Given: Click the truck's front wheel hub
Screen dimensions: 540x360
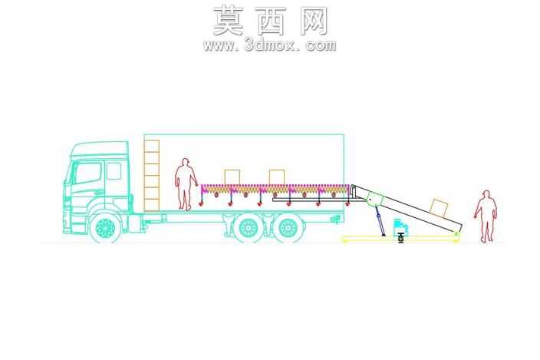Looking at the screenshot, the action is (105, 228).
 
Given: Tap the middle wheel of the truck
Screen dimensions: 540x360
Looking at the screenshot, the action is (248, 228).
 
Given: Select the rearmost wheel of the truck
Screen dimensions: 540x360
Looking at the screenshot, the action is (288, 228).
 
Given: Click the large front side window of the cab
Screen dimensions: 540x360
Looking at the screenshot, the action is (87, 173).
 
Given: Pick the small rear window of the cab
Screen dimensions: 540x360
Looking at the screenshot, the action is (114, 171).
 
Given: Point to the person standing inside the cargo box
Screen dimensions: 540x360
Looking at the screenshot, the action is (186, 184).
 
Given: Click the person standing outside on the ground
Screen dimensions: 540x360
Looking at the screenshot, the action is (486, 216).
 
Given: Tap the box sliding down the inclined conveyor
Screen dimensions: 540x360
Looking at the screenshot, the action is (439, 207).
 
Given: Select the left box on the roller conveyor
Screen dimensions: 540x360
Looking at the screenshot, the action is (232, 177).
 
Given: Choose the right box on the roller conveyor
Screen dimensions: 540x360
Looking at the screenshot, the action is (277, 177).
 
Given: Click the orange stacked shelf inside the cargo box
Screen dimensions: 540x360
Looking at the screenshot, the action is (152, 175).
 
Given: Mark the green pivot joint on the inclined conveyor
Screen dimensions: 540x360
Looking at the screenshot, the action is (374, 200).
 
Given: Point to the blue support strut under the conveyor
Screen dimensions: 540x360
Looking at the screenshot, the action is (380, 221).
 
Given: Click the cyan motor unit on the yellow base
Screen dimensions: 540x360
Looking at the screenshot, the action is (400, 226).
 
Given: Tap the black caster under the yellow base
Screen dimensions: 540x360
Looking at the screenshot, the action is (400, 238).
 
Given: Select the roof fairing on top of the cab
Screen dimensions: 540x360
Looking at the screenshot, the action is (99, 150).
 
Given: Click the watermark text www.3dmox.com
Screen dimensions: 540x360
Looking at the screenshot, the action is (270, 45).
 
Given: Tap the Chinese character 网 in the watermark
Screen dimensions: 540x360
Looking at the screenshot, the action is (314, 21).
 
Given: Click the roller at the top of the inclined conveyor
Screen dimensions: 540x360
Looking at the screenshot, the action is (352, 189).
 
